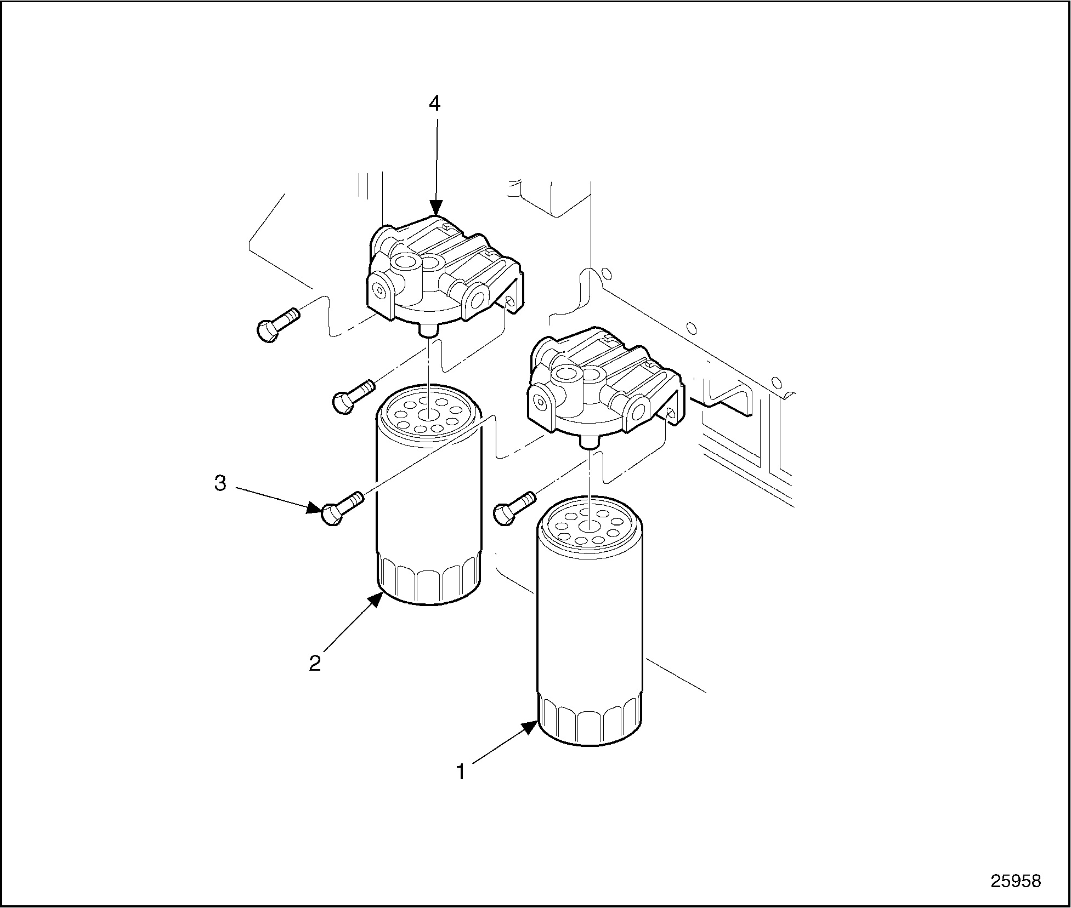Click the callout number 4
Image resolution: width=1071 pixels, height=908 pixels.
click(434, 104)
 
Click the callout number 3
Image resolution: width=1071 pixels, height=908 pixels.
click(220, 483)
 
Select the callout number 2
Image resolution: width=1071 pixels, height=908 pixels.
click(315, 664)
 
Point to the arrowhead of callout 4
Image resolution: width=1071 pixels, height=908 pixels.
click(436, 208)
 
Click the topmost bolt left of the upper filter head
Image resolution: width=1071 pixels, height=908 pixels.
click(277, 324)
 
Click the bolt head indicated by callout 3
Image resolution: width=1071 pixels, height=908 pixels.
click(331, 515)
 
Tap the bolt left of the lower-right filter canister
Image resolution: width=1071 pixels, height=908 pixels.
click(514, 507)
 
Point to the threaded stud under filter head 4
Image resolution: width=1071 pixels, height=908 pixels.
click(428, 330)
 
